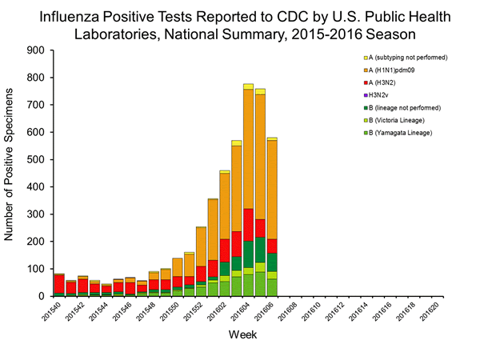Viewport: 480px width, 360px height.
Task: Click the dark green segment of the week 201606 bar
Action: [x=272, y=262]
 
